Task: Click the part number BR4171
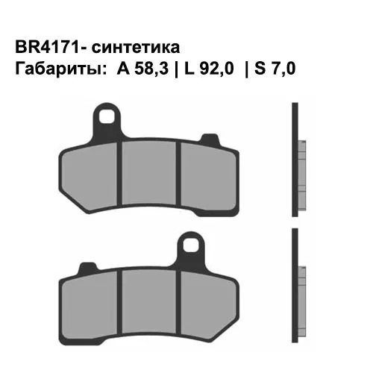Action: coord(43,48)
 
